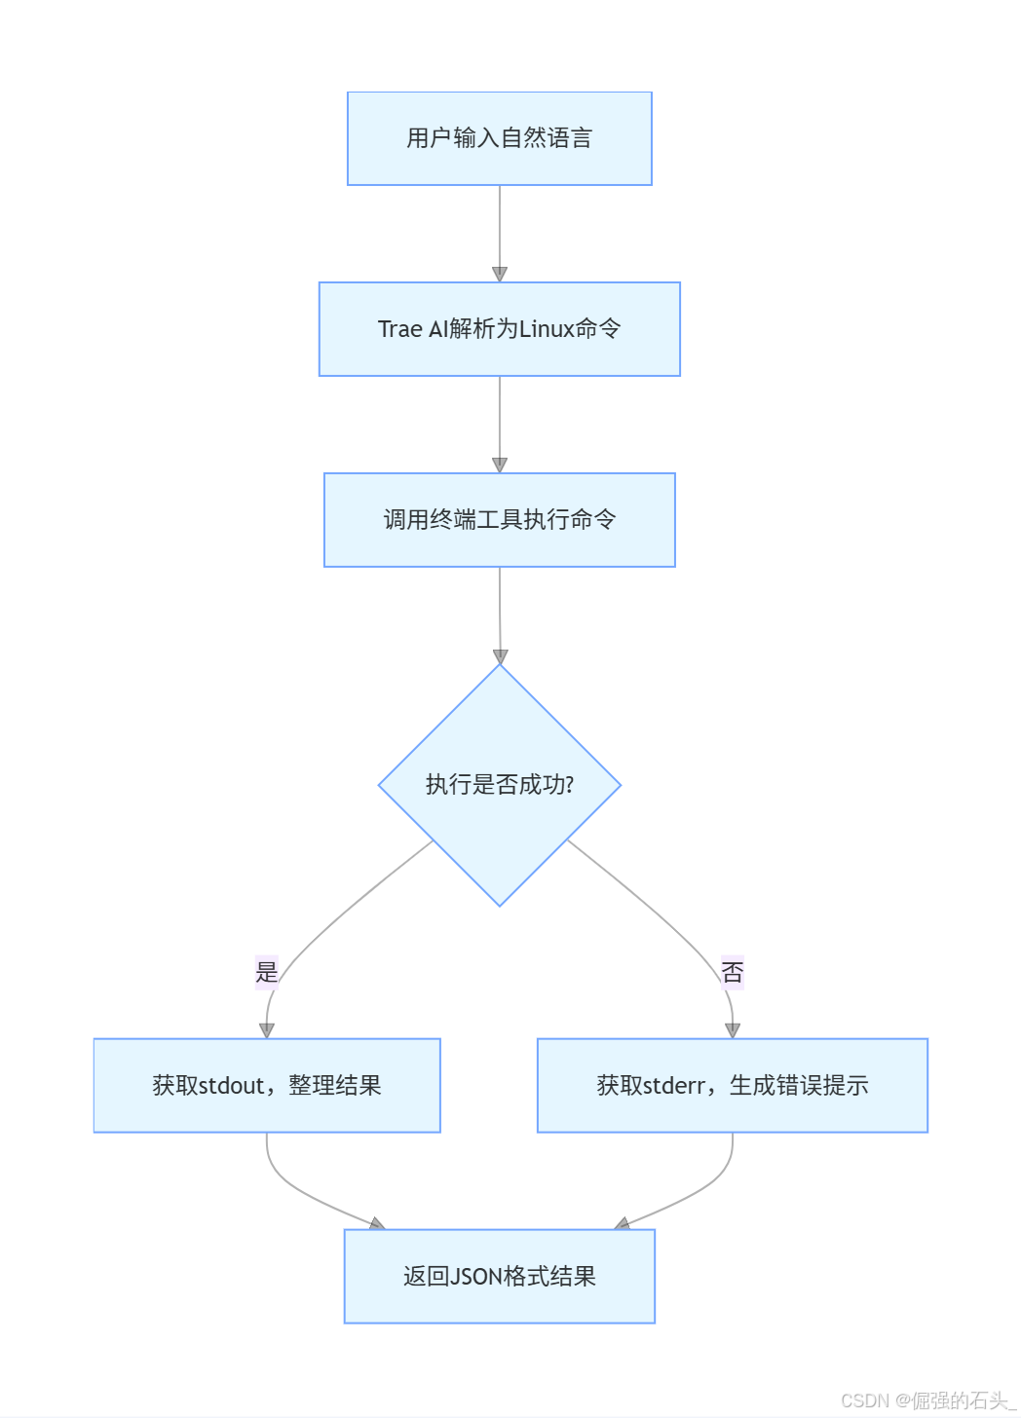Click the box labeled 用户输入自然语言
coord(499,138)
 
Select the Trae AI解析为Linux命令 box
coord(499,329)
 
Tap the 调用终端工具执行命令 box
coord(499,520)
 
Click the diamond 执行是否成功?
coord(499,785)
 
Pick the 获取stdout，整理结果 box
coord(267,1085)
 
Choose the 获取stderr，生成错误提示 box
coord(732,1085)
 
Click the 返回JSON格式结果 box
coord(499,1276)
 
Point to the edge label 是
coord(267,971)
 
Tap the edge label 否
coord(732,971)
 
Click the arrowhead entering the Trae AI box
coord(500,275)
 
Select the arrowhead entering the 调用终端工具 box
coord(500,466)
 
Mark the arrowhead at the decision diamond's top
coord(500,657)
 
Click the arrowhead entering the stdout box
coord(267,1030)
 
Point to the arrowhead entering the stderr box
coord(733,1030)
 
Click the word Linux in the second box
coord(547,329)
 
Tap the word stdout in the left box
coord(232,1085)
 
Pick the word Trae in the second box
coord(399,329)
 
